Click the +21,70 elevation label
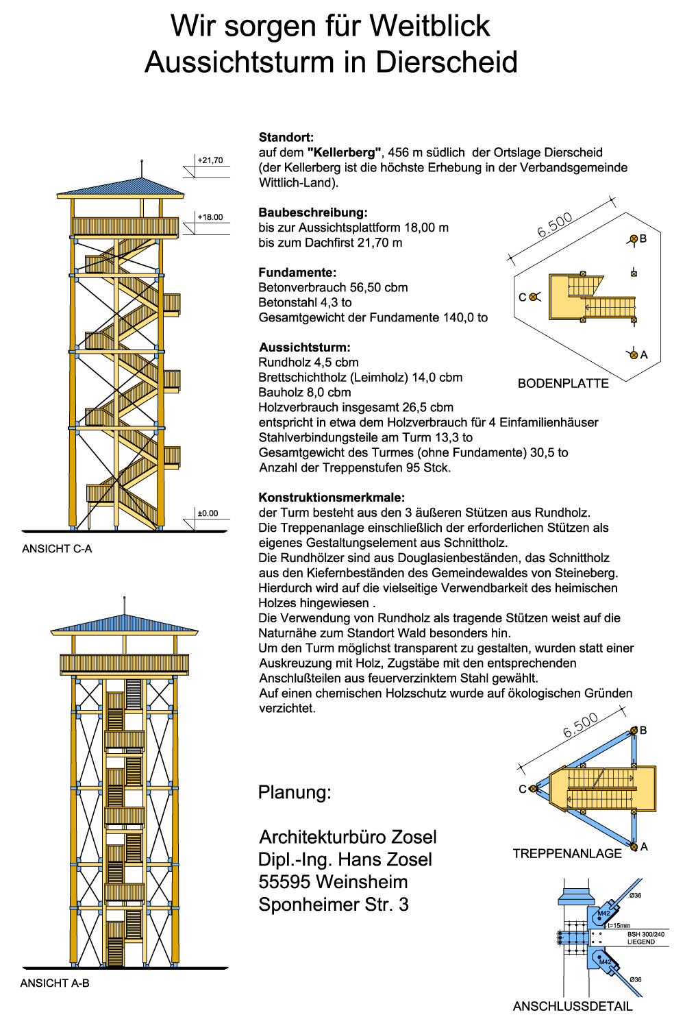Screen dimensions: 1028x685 click(210, 160)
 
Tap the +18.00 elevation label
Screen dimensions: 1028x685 click(210, 217)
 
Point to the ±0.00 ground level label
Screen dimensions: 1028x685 click(208, 513)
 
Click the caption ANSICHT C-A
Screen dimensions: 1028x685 click(57, 549)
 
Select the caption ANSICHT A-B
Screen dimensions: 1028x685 click(55, 983)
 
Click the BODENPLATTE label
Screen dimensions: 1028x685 click(563, 384)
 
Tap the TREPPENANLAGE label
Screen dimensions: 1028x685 click(567, 854)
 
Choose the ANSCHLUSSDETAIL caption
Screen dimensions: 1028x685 click(573, 1007)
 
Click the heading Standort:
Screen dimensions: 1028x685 click(286, 138)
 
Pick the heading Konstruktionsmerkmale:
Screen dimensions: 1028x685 click(332, 498)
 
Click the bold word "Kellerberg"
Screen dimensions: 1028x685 click(344, 153)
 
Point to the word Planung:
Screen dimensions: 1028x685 click(295, 793)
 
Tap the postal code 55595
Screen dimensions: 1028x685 click(282, 882)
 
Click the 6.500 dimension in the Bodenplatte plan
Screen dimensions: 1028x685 click(555, 225)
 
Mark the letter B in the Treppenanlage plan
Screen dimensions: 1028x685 click(643, 731)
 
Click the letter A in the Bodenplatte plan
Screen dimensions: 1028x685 click(644, 355)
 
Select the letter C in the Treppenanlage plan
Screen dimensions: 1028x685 click(523, 790)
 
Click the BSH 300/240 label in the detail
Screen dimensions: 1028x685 click(645, 934)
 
